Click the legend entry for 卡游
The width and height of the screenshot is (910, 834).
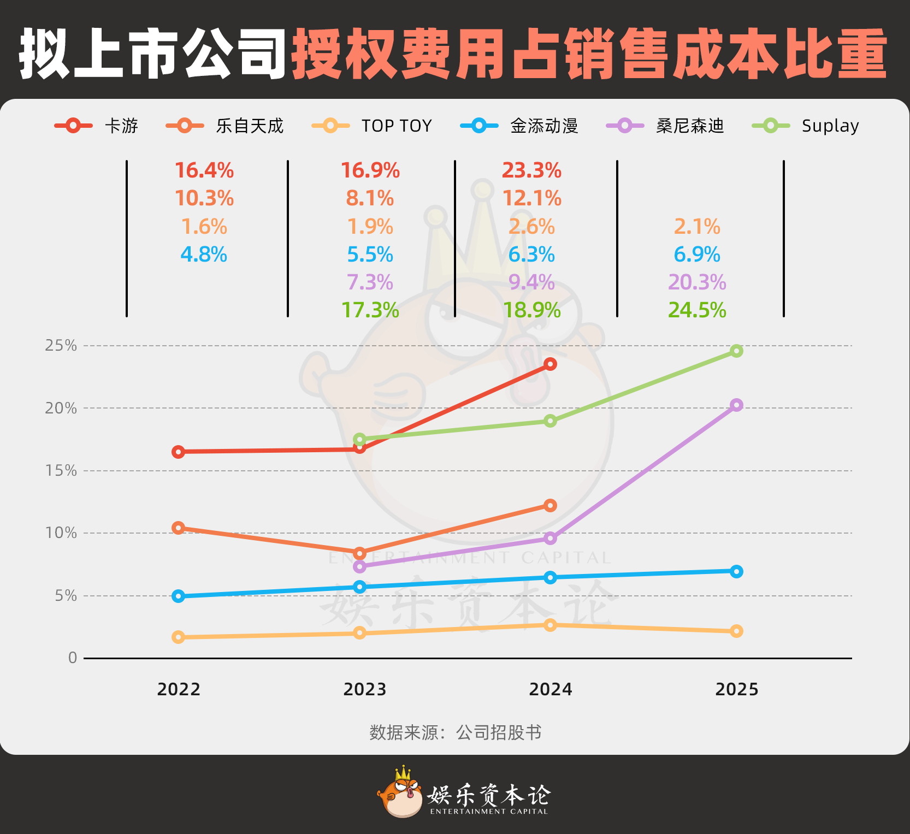[x=97, y=126]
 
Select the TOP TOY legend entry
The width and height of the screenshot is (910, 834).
[x=372, y=126]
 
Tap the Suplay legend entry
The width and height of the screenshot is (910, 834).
[x=806, y=126]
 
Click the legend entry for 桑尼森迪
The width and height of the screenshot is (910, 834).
[x=665, y=126]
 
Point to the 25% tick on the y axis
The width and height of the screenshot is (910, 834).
[x=61, y=346]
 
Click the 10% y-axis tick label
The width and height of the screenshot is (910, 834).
[x=61, y=533]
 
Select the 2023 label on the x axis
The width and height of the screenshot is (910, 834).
[x=365, y=689]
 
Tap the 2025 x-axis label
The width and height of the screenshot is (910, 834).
[x=737, y=689]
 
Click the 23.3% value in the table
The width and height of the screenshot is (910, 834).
[x=531, y=170]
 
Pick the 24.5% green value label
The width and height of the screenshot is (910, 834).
[x=697, y=310]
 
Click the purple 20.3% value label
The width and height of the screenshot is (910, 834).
[x=697, y=282]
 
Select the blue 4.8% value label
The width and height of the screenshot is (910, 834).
[x=204, y=255]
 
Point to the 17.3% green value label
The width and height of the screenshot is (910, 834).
[x=370, y=310]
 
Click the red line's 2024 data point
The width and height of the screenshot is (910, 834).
[x=551, y=364]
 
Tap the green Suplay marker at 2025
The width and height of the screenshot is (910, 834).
[x=736, y=351]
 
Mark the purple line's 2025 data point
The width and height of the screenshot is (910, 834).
[x=736, y=405]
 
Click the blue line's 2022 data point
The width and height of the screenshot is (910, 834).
[x=178, y=596]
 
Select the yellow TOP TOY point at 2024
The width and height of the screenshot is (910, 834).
[x=551, y=624]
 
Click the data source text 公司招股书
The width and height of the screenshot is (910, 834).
[x=499, y=732]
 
